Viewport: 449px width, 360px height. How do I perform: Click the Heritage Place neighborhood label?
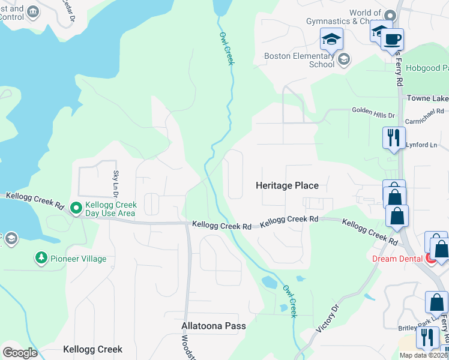(x=287, y=186)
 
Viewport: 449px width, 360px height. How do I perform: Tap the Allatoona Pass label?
(x=214, y=326)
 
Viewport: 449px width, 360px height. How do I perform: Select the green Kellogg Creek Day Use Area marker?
(x=76, y=208)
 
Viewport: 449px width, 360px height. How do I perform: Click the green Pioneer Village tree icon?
(x=41, y=259)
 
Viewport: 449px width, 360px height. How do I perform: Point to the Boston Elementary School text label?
(x=300, y=60)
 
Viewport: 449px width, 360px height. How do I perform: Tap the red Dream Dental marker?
(x=430, y=259)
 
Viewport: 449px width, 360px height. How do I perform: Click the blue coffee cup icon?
(x=392, y=40)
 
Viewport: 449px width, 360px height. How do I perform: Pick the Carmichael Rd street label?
(x=424, y=112)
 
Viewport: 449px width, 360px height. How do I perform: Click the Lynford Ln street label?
(x=421, y=145)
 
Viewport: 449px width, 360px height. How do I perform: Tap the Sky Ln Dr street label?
(x=116, y=184)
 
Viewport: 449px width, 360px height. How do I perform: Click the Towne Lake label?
(x=427, y=98)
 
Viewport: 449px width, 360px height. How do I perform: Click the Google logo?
(x=20, y=353)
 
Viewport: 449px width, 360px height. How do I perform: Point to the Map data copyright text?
(x=423, y=355)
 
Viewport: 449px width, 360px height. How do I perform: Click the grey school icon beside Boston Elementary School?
(x=343, y=58)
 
